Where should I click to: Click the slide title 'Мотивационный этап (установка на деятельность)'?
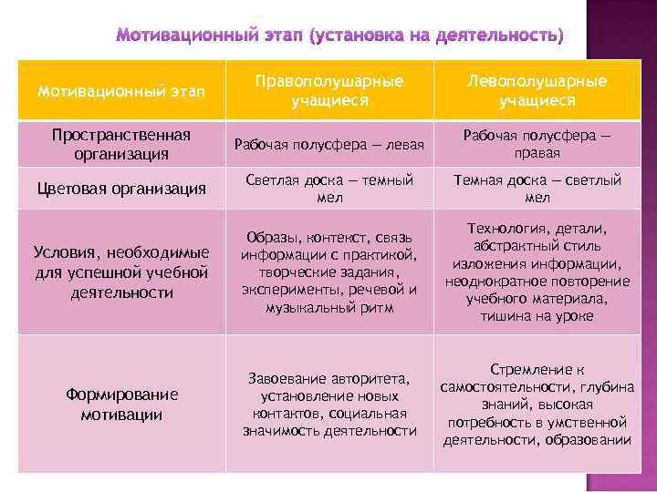(x=339, y=36)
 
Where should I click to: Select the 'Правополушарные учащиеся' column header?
(x=328, y=90)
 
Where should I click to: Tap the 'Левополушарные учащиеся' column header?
(x=537, y=90)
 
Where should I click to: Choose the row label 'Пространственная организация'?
(x=121, y=144)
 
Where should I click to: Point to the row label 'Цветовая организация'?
(x=121, y=189)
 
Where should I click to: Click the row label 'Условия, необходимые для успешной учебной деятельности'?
(x=121, y=272)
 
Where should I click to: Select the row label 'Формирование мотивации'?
(x=121, y=404)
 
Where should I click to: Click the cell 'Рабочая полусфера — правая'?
(x=537, y=144)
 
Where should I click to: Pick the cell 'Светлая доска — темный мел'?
(x=328, y=189)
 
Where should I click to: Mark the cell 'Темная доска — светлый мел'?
(x=537, y=189)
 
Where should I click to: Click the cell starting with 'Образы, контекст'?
(x=328, y=272)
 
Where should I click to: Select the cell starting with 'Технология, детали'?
(x=537, y=272)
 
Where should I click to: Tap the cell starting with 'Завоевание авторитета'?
(x=328, y=404)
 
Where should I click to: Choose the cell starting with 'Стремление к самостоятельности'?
(x=537, y=404)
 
